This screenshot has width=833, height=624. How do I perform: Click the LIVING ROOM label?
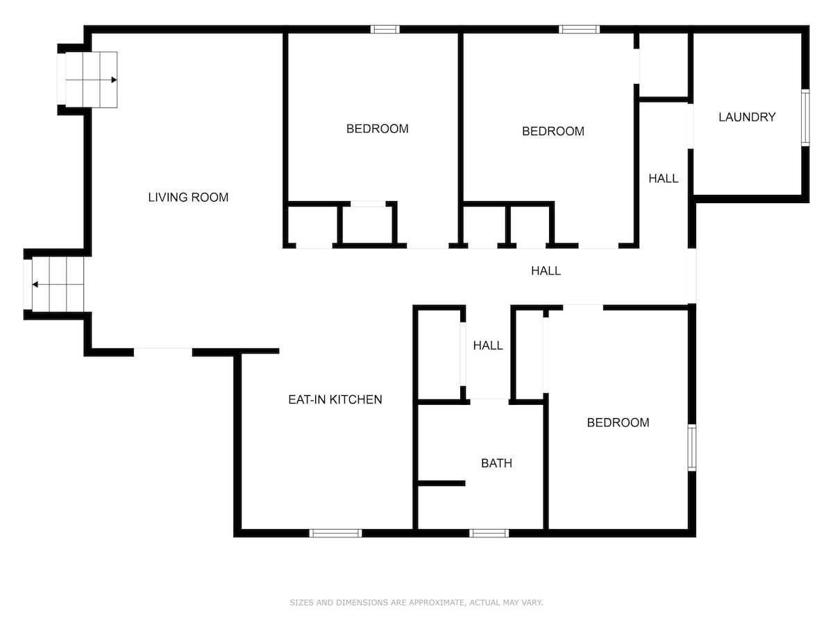(188, 198)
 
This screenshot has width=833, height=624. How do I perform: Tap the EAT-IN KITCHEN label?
(335, 400)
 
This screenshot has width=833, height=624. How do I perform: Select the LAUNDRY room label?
(747, 117)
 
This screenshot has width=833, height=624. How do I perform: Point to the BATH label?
(496, 463)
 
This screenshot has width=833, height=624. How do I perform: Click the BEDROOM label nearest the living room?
(377, 129)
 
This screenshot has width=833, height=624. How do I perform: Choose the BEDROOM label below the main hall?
(618, 422)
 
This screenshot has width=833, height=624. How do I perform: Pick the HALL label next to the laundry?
(664, 178)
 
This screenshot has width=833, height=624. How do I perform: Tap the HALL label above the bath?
(488, 345)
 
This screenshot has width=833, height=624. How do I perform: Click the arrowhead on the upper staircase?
(114, 80)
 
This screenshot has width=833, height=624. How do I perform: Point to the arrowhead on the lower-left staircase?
(35, 284)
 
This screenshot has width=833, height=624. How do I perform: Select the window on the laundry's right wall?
(805, 117)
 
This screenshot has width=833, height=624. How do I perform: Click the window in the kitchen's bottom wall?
(335, 533)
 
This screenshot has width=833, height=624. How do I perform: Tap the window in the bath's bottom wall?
(489, 533)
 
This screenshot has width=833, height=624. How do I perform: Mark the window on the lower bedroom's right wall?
(692, 448)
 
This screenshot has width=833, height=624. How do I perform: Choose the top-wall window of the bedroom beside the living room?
(385, 29)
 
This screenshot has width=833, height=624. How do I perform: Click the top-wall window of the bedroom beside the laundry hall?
(579, 29)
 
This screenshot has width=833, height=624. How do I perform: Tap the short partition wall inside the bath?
(441, 483)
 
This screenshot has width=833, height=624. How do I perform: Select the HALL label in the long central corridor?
(546, 270)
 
